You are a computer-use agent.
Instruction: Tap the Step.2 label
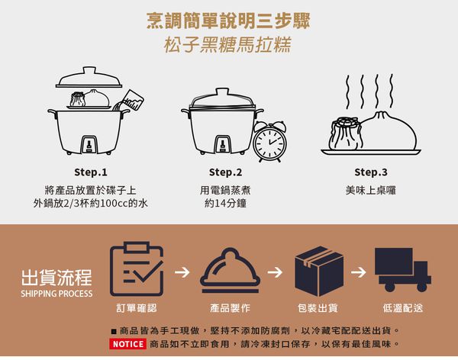pos(225,172)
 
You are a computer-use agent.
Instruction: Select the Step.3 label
pos(371,172)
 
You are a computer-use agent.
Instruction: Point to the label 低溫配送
pos(402,308)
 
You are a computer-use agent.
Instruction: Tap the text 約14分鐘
pos(225,204)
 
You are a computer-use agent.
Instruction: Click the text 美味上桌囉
pos(371,189)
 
